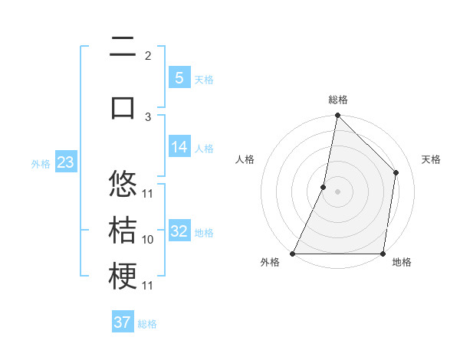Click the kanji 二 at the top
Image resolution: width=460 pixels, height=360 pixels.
[123, 49]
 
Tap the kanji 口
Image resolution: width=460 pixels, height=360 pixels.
[123, 106]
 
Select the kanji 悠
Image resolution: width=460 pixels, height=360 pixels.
[123, 185]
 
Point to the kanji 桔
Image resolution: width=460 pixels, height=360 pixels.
[123, 231]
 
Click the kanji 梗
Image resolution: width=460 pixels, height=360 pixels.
[123, 276]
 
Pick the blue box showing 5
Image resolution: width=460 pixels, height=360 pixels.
[179, 77]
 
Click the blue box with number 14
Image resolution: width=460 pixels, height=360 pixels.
[179, 147]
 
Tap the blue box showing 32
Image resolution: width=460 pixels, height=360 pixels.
[179, 231]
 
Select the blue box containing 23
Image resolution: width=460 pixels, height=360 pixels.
[65, 162]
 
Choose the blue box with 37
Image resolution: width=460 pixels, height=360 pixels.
[123, 322]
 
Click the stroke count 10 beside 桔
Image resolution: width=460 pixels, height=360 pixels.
[148, 240]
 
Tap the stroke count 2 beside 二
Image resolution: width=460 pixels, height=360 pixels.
[148, 55]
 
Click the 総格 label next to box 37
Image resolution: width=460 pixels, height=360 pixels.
[147, 324]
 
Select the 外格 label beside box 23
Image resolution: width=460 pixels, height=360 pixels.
[41, 163]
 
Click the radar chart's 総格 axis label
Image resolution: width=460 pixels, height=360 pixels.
[337, 100]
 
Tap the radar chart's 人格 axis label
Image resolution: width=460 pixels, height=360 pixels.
[245, 159]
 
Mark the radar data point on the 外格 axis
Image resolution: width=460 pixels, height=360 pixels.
[293, 254]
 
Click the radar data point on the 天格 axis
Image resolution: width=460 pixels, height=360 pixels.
[396, 172]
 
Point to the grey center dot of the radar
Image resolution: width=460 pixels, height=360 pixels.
[337, 192]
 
